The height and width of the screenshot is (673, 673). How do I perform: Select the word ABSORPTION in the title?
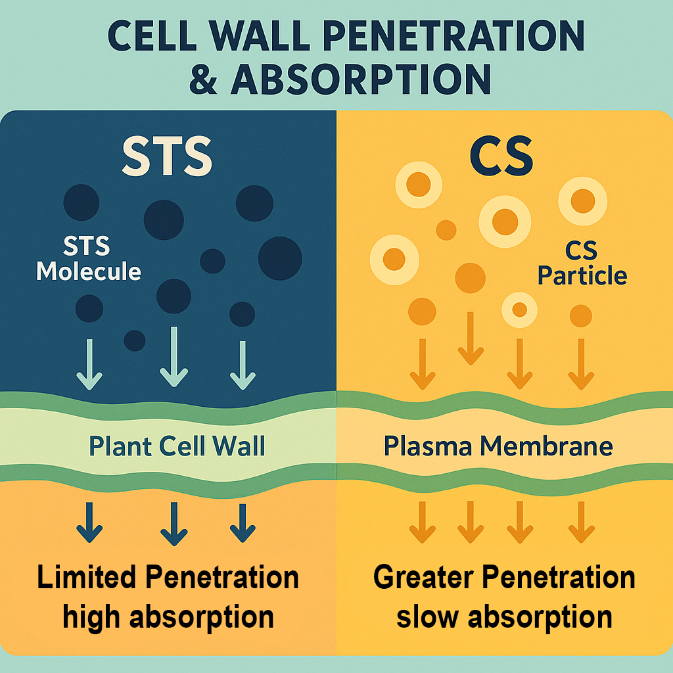pos(360,78)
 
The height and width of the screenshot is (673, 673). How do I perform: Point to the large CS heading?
pos(501,156)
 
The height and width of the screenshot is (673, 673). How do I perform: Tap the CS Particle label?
pos(582,263)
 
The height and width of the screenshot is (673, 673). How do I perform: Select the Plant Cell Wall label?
pos(177,446)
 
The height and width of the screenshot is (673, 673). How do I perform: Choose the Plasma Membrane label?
pos(498,446)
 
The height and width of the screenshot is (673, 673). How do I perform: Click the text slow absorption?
pos(504,616)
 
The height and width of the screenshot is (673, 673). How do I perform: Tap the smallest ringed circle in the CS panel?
pos(519,308)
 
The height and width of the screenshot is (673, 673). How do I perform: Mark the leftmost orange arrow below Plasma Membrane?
pos(422,522)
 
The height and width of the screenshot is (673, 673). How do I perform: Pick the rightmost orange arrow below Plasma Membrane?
pos(581,522)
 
